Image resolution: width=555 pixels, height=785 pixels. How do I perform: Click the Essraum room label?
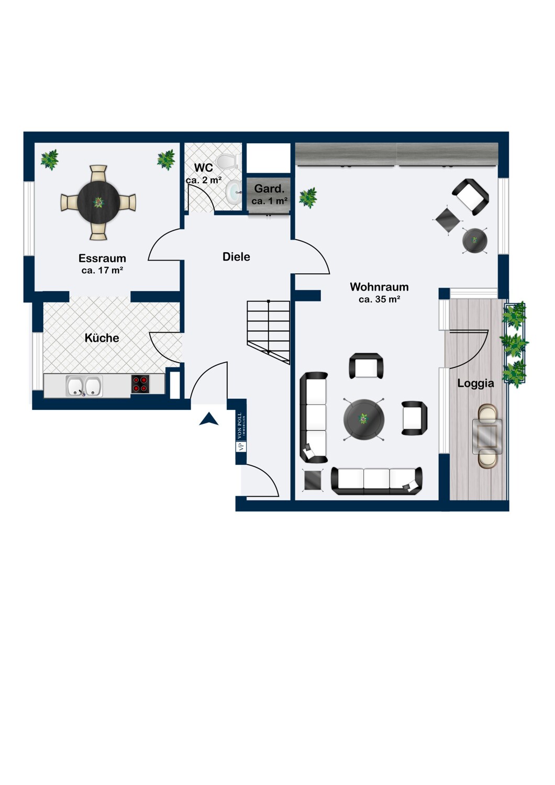(102, 259)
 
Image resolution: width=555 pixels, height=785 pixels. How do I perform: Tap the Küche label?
(102, 338)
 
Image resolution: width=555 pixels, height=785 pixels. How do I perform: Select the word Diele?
(236, 256)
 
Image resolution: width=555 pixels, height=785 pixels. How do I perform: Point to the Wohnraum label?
(380, 287)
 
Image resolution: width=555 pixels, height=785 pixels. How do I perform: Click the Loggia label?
(476, 384)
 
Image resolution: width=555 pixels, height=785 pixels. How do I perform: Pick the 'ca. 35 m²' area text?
(380, 299)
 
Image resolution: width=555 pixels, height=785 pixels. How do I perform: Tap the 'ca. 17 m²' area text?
(102, 270)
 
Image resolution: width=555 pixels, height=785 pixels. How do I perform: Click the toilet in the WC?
(228, 162)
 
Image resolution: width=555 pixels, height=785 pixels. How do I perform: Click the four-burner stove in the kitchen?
(140, 384)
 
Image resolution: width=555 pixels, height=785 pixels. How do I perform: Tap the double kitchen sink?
(84, 386)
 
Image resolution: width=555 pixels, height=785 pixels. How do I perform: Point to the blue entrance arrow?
(208, 419)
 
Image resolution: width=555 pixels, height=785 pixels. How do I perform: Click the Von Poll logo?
(241, 432)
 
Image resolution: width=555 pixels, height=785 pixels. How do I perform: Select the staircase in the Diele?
(269, 331)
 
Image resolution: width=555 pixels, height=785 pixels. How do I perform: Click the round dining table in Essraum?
(98, 202)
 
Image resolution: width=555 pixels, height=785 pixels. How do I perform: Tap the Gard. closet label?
(269, 188)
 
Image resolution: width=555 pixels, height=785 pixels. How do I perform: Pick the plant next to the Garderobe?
(308, 198)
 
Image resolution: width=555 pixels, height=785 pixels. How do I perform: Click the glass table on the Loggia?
(487, 436)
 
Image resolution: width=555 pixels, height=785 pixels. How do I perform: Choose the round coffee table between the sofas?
(364, 419)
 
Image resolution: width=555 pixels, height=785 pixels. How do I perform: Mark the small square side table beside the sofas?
(313, 480)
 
